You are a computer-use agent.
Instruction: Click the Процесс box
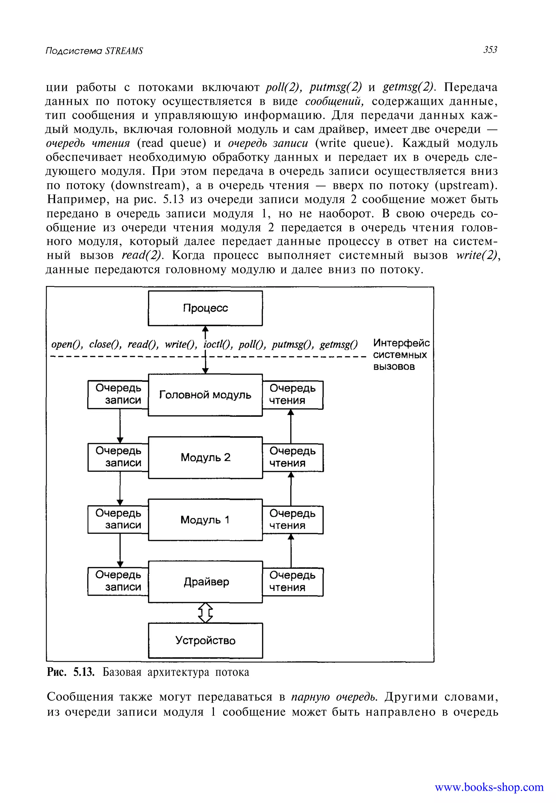205,308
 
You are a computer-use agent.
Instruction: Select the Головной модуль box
205,395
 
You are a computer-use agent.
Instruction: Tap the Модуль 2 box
205,457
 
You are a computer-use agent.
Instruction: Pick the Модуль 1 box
205,520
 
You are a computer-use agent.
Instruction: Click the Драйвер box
205,582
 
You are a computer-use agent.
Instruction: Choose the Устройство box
205,640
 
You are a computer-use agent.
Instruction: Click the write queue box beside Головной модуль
118,394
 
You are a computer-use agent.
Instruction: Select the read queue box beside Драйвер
293,581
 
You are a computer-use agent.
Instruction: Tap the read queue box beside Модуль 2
293,457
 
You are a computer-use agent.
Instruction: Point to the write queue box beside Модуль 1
118,519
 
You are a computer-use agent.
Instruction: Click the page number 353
490,50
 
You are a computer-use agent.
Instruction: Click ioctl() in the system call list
218,345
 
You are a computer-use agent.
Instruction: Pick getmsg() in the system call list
339,345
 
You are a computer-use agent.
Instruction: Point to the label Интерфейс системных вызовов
401,355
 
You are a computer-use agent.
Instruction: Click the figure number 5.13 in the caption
84,672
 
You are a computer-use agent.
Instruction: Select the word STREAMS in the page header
124,51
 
